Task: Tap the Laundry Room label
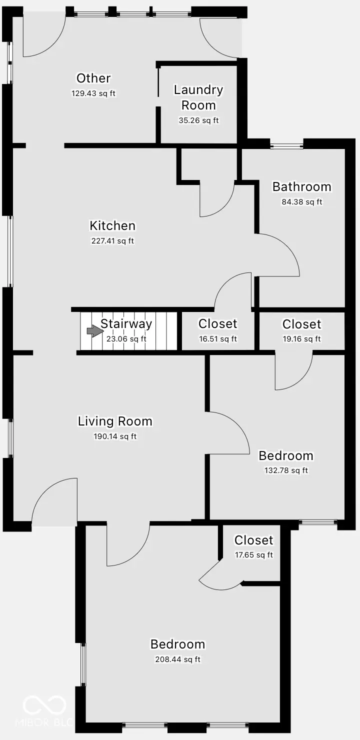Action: (198, 97)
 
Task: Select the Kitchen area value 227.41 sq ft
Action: (112, 241)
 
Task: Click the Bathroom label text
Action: (301, 187)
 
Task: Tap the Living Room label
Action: (115, 421)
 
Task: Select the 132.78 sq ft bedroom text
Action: (286, 470)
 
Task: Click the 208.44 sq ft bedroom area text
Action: (177, 659)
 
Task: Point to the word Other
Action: (93, 78)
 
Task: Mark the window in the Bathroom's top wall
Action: (287, 146)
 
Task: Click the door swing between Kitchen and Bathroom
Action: (280, 255)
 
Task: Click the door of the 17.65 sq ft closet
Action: (220, 575)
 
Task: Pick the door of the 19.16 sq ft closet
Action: (294, 372)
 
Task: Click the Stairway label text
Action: (126, 324)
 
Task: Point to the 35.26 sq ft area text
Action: (198, 120)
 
